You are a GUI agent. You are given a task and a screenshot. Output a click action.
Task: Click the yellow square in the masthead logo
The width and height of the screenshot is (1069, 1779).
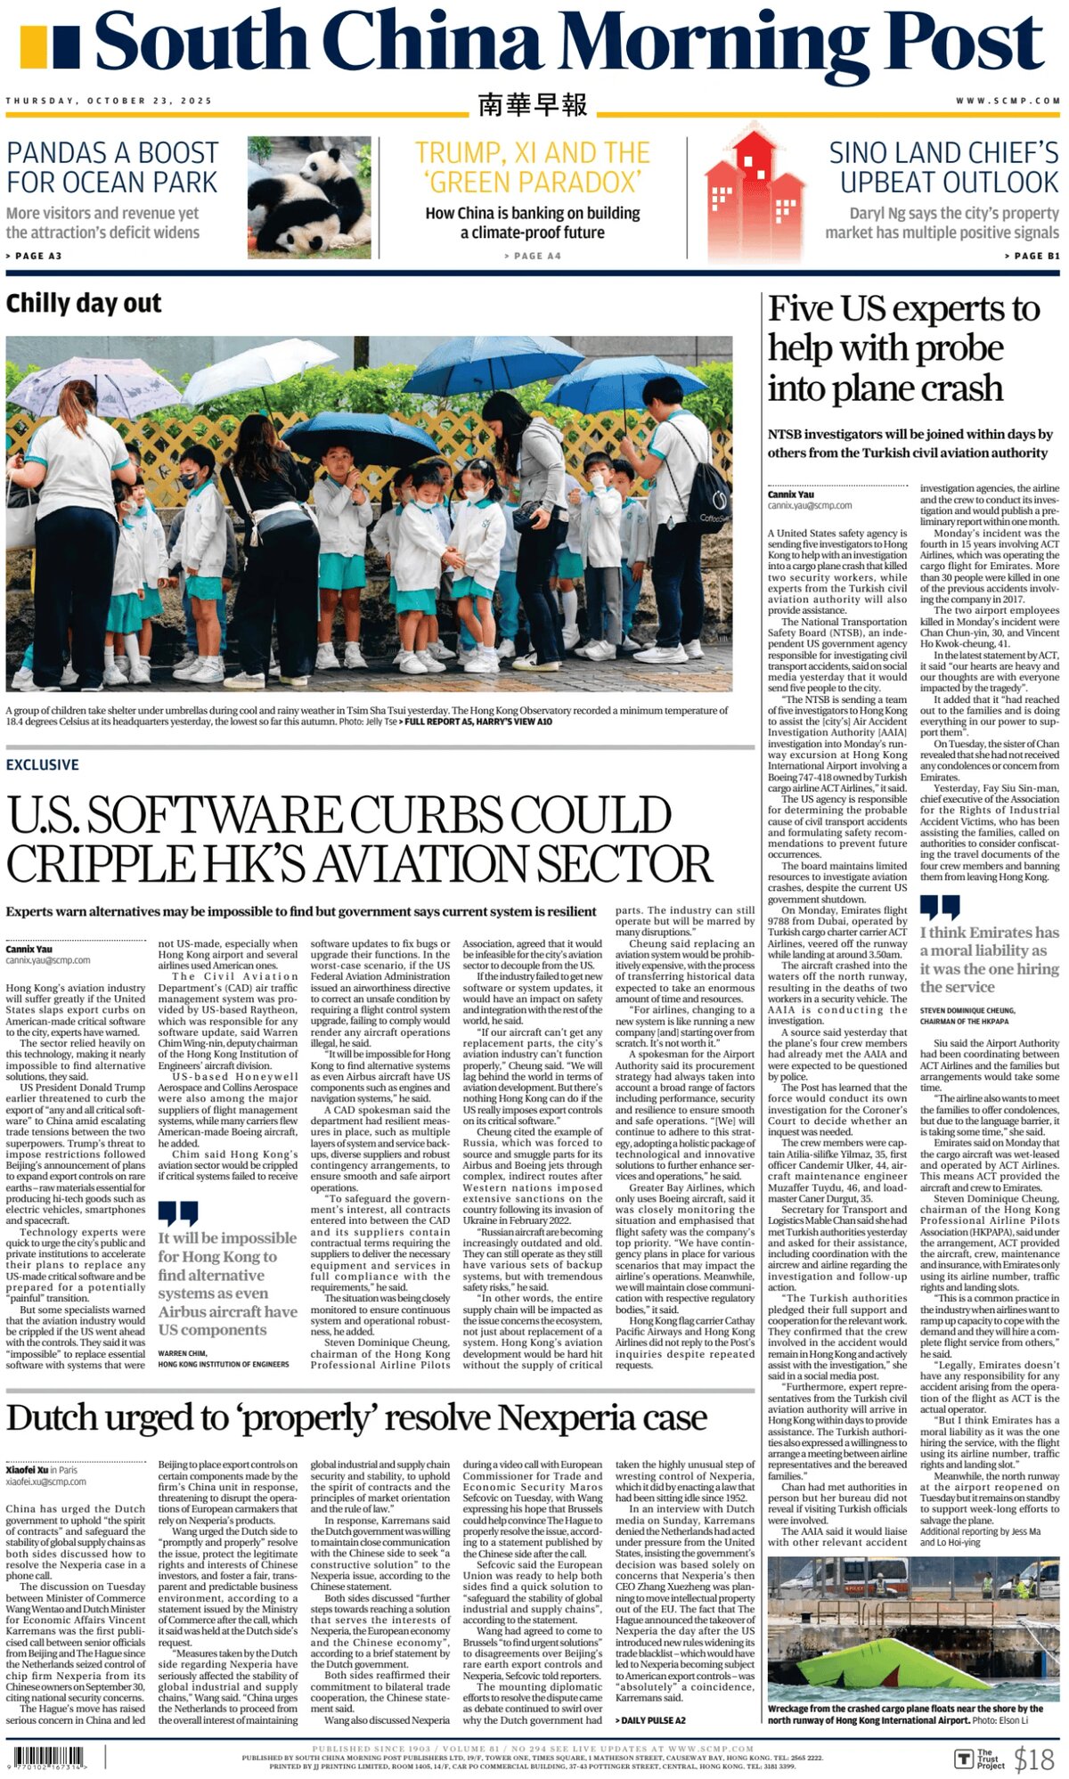(x=33, y=47)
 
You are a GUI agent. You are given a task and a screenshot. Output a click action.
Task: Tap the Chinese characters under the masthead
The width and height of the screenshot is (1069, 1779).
(x=533, y=104)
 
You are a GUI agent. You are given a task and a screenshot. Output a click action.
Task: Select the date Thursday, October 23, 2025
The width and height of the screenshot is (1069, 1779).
(x=109, y=101)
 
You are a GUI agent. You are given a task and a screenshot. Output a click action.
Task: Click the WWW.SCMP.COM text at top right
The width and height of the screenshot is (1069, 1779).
(x=1008, y=101)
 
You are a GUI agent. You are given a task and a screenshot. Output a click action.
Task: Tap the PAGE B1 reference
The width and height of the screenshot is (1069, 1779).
(x=1032, y=256)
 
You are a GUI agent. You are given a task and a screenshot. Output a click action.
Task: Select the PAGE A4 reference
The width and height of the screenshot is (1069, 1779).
(x=533, y=256)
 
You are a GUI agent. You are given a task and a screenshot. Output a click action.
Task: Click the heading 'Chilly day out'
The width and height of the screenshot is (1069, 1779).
(x=84, y=304)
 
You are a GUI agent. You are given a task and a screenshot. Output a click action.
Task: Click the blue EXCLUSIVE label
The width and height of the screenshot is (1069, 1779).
(x=42, y=764)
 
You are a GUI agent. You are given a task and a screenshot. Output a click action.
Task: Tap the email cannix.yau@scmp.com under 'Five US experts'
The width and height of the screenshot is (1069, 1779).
(x=810, y=505)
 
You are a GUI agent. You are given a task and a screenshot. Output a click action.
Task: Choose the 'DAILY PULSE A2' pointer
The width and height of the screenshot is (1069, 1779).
(x=650, y=1720)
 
